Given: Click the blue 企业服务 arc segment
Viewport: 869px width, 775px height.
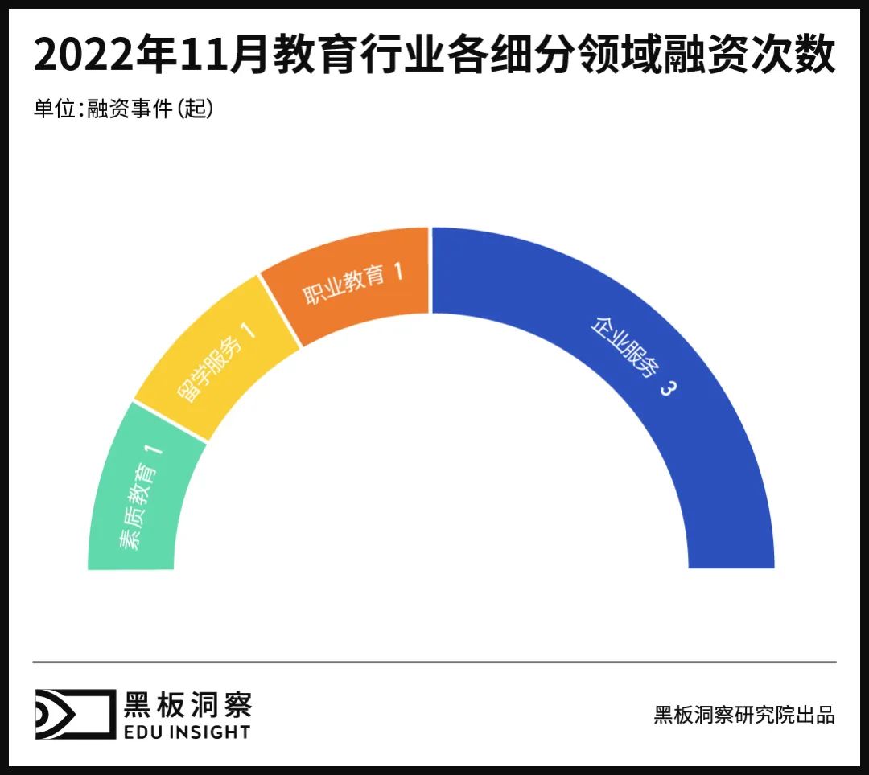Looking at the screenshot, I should (x=708, y=450).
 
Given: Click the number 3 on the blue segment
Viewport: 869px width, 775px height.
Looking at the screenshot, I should (x=667, y=387).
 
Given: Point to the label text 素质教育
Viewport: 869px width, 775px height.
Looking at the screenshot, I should (x=138, y=510).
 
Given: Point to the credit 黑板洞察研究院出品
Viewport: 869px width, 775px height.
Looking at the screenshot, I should (x=744, y=715).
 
